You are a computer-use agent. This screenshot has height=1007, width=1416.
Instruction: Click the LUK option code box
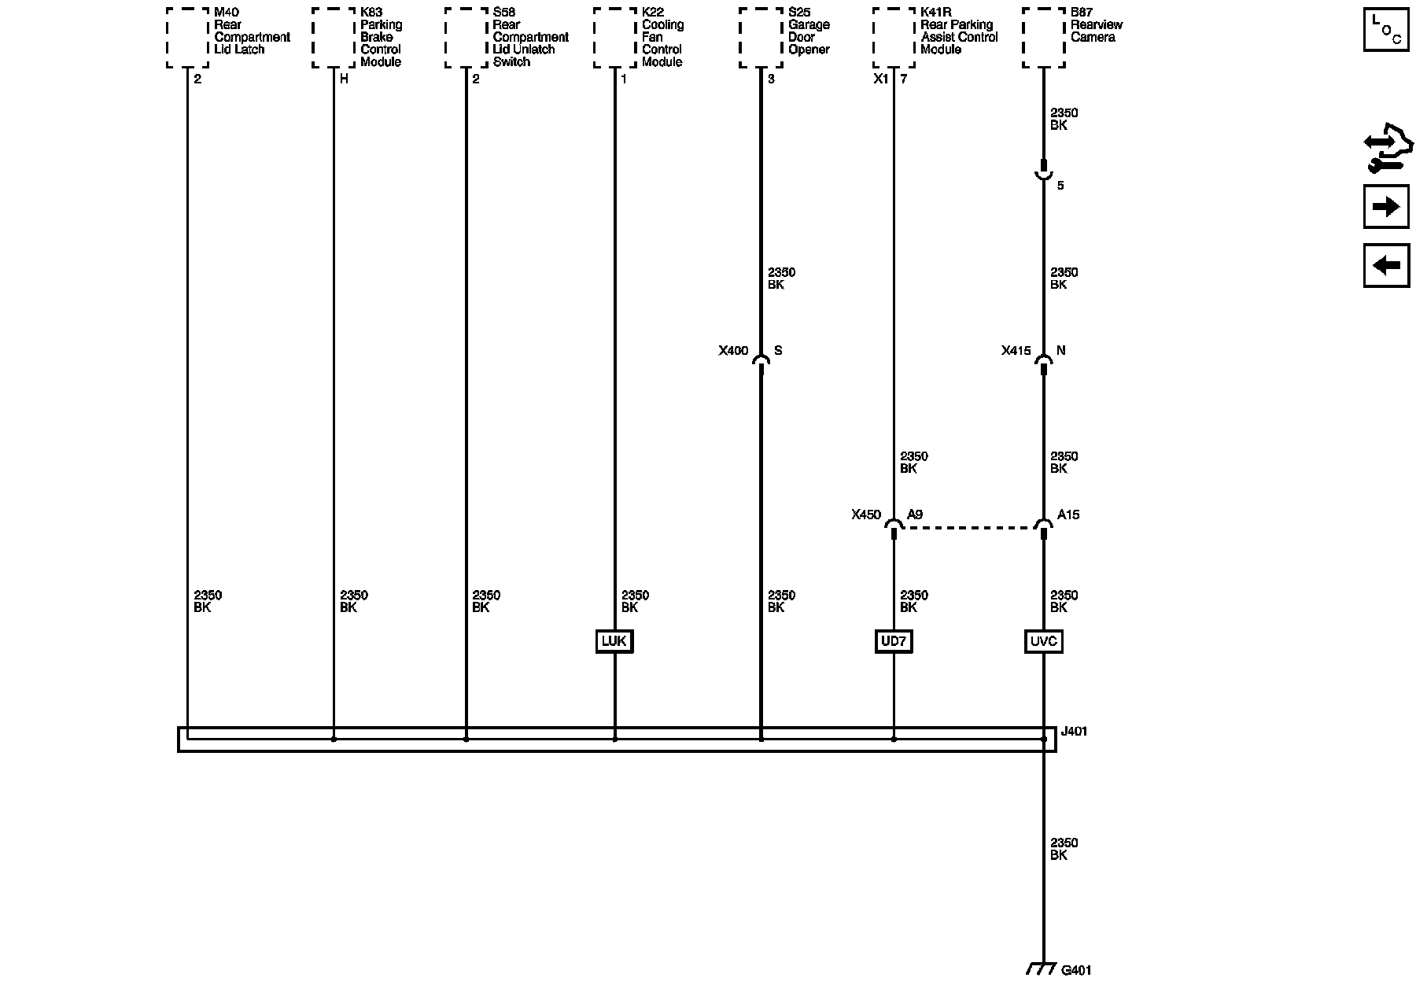614,641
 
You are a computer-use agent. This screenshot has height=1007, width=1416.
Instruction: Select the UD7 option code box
894,641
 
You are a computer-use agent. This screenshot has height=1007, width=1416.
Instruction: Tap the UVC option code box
1044,641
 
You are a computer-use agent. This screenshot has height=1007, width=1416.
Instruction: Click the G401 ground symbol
1041,969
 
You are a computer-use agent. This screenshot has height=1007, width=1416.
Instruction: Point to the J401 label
1074,732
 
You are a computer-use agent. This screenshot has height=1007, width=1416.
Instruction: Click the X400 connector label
733,351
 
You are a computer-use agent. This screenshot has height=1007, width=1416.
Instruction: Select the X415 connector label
1016,351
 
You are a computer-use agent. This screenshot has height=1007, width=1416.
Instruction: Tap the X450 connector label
865,515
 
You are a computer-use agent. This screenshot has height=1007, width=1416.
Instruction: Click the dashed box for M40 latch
187,38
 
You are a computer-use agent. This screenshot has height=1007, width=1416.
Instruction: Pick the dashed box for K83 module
333,38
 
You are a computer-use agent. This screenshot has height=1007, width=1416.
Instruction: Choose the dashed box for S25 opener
761,38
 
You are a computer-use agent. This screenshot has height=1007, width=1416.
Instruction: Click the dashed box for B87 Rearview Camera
1043,38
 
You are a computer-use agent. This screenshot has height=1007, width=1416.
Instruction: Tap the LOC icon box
1386,31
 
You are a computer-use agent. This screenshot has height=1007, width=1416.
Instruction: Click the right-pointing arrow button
1386,207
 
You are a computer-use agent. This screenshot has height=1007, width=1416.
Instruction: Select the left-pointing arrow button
1386,265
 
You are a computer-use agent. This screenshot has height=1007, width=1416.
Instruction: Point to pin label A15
1068,515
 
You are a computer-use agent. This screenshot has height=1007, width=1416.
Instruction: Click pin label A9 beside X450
915,515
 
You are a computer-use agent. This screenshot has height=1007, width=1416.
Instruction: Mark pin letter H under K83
344,79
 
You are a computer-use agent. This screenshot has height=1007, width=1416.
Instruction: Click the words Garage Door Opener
808,37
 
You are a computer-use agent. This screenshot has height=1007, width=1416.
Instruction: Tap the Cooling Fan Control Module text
662,43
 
